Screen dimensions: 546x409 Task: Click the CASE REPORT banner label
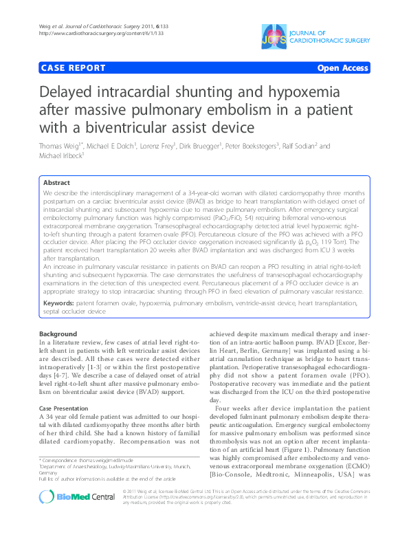click(x=74, y=68)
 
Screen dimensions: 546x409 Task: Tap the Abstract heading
click(x=56, y=184)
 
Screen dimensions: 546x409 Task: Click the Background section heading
click(x=58, y=334)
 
